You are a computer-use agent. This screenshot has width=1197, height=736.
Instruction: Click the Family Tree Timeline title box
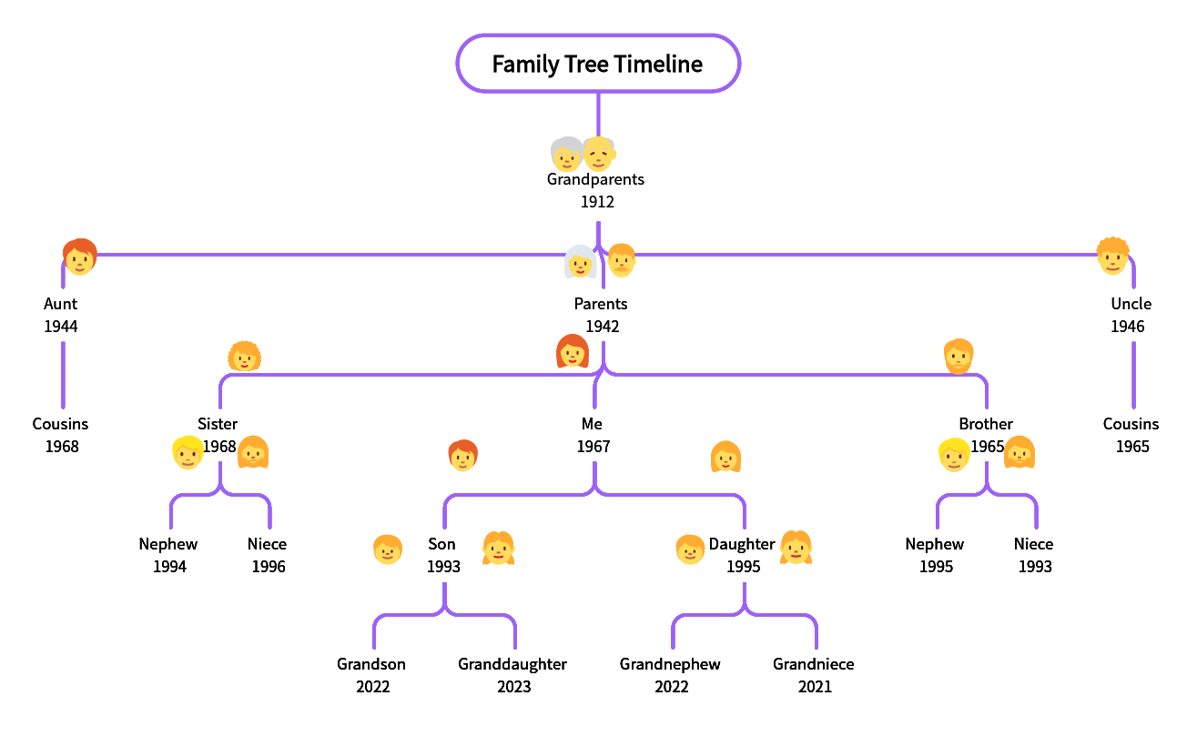coord(597,64)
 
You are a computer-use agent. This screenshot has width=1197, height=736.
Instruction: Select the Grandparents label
coord(595,179)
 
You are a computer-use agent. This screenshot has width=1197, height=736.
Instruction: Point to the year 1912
coord(597,202)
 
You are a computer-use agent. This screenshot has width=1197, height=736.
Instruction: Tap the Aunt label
coord(61,304)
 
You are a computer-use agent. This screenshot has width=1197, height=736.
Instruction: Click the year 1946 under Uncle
coord(1127,327)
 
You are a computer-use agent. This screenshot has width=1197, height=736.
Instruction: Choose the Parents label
coord(601,304)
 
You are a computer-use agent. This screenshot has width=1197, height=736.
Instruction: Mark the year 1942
coord(603,327)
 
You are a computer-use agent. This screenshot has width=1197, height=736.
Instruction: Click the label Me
coord(592,424)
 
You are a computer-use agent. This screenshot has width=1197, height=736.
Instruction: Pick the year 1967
coord(593,447)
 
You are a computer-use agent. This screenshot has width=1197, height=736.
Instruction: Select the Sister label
coord(218,424)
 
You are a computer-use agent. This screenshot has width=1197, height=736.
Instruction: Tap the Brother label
coord(986,424)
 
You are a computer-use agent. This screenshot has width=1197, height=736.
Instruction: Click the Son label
coord(441,544)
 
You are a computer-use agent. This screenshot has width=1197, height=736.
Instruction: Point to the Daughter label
coord(742,544)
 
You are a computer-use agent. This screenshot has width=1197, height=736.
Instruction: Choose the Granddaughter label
coord(512,664)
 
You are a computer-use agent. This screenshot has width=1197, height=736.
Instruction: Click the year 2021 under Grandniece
coord(815,687)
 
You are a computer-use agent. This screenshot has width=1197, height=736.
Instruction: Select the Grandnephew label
coord(670,664)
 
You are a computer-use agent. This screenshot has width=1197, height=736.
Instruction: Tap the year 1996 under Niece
coord(269,567)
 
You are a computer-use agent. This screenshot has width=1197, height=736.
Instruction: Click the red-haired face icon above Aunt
coord(79,257)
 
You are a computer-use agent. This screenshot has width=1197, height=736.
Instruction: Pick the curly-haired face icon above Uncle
coord(1112,256)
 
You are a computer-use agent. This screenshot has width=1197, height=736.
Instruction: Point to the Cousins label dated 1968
coord(60,424)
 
